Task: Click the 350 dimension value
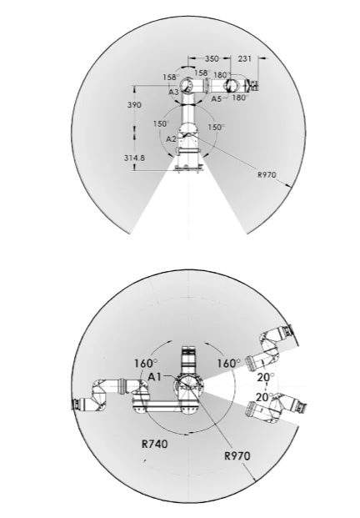(x=212, y=58)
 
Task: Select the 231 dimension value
(x=244, y=58)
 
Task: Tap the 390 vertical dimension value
(x=134, y=105)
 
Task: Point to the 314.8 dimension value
(x=134, y=158)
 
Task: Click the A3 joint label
(x=173, y=92)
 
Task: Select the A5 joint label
(x=217, y=98)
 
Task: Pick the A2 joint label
(x=172, y=139)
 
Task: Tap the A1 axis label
(x=155, y=376)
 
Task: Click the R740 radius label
(x=155, y=444)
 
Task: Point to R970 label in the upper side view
(x=267, y=174)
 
